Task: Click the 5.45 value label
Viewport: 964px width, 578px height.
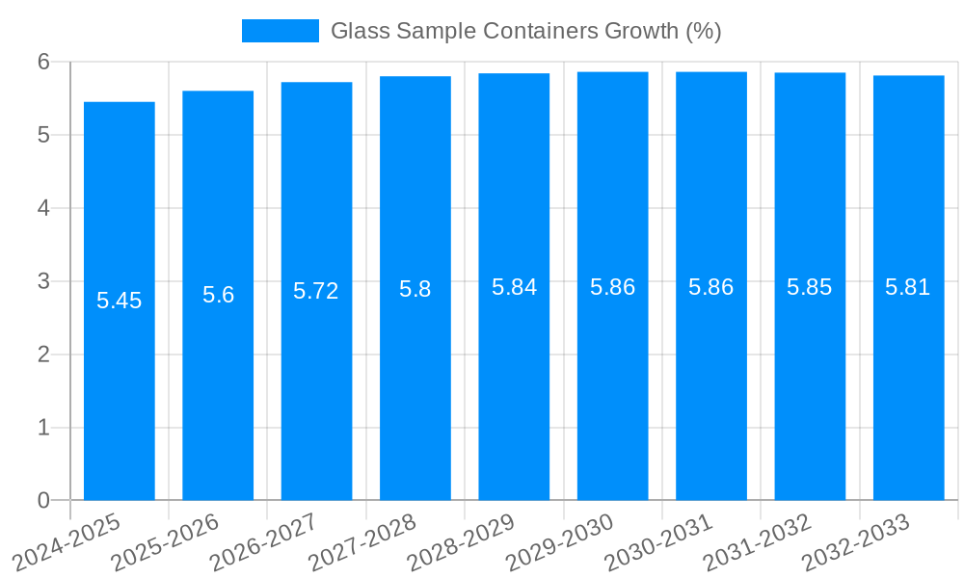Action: point(120,301)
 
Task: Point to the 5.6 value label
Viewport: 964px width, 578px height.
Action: point(218,295)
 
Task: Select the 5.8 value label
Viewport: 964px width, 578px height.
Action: point(415,288)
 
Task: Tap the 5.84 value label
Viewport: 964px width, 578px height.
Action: point(514,287)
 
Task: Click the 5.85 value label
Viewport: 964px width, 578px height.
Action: point(810,287)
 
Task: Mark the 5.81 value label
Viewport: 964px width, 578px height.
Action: point(908,287)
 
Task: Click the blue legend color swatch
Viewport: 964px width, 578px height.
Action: point(280,31)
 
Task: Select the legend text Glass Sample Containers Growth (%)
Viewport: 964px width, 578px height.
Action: point(525,31)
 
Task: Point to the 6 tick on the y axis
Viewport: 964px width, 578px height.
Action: point(43,62)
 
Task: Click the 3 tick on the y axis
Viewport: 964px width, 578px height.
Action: point(43,281)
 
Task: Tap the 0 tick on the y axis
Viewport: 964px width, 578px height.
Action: point(43,500)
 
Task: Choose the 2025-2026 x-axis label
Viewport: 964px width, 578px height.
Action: point(166,542)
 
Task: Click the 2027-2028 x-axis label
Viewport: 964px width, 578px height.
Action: point(363,542)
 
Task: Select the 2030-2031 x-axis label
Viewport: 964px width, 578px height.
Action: point(659,542)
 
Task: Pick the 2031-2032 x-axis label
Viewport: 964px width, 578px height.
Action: point(758,542)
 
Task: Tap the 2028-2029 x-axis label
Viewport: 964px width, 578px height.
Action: point(462,542)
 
